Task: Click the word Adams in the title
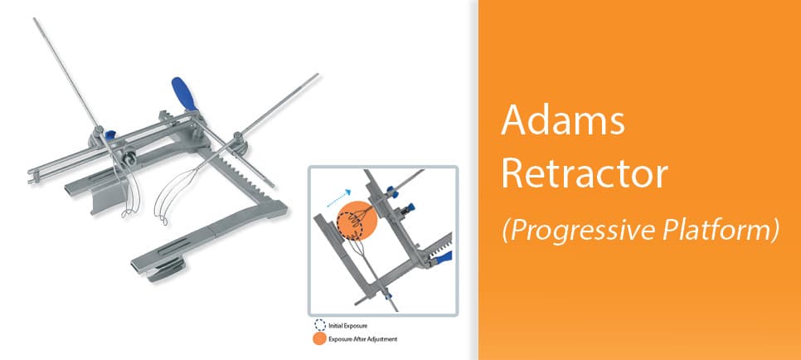(563, 121)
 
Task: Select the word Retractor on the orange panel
(585, 174)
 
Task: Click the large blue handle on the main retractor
(183, 93)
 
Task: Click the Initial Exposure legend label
(348, 325)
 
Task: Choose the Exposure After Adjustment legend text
(362, 339)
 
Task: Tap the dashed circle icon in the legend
(320, 325)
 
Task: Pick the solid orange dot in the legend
(320, 338)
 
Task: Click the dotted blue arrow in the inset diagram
(338, 197)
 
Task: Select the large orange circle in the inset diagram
(357, 221)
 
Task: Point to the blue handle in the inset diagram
(443, 257)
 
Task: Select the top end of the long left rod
(35, 19)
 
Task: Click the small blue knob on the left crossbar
(109, 135)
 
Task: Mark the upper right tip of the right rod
(318, 75)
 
